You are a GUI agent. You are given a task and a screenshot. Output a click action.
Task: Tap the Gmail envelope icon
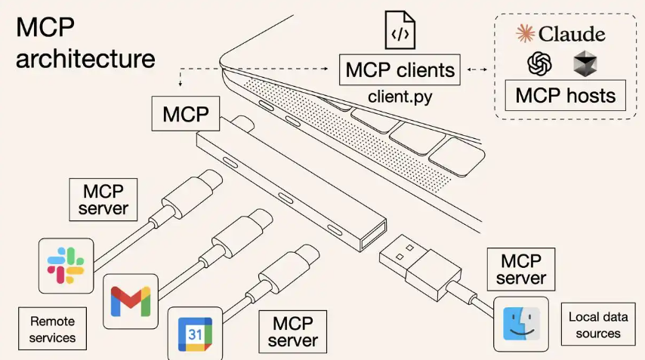[130, 300]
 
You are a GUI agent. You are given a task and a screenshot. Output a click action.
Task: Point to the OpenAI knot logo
[540, 64]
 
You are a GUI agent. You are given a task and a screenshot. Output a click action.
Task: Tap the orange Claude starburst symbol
[526, 33]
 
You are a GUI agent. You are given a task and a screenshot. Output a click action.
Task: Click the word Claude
[572, 34]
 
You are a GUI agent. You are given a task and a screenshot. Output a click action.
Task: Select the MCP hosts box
[565, 96]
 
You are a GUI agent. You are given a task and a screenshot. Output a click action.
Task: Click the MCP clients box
[400, 71]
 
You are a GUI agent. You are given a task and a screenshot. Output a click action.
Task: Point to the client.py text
[400, 97]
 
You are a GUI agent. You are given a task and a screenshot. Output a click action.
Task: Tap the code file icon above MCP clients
[400, 30]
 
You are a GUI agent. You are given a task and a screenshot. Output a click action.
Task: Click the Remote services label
[52, 328]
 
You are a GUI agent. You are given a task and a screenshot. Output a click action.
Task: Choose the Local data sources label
[597, 325]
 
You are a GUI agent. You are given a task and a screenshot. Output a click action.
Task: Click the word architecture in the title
[85, 58]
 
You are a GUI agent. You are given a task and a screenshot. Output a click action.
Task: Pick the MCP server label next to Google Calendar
[293, 331]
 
